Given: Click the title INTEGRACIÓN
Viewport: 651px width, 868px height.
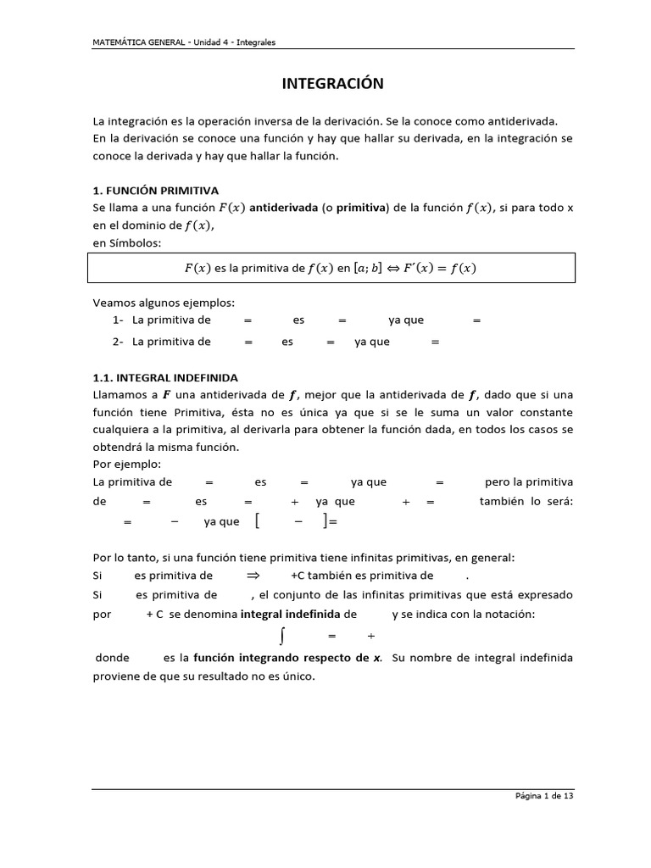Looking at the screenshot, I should pos(332,83).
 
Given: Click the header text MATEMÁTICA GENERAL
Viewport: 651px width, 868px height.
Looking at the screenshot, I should pos(141,42).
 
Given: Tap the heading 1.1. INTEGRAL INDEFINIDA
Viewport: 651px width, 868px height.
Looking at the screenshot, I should pos(165,377).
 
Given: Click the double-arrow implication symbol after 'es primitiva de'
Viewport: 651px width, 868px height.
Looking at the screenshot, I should pos(252,576).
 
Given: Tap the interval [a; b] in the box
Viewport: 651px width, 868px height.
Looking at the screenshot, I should pos(368,269).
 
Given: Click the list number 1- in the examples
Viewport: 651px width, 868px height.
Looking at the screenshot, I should pos(118,320).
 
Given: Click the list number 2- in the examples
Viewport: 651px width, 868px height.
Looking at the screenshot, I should pos(118,342).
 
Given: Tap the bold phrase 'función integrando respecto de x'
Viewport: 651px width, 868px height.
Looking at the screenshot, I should pos(288,658).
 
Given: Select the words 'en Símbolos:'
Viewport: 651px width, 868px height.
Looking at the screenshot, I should pos(125,243).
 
